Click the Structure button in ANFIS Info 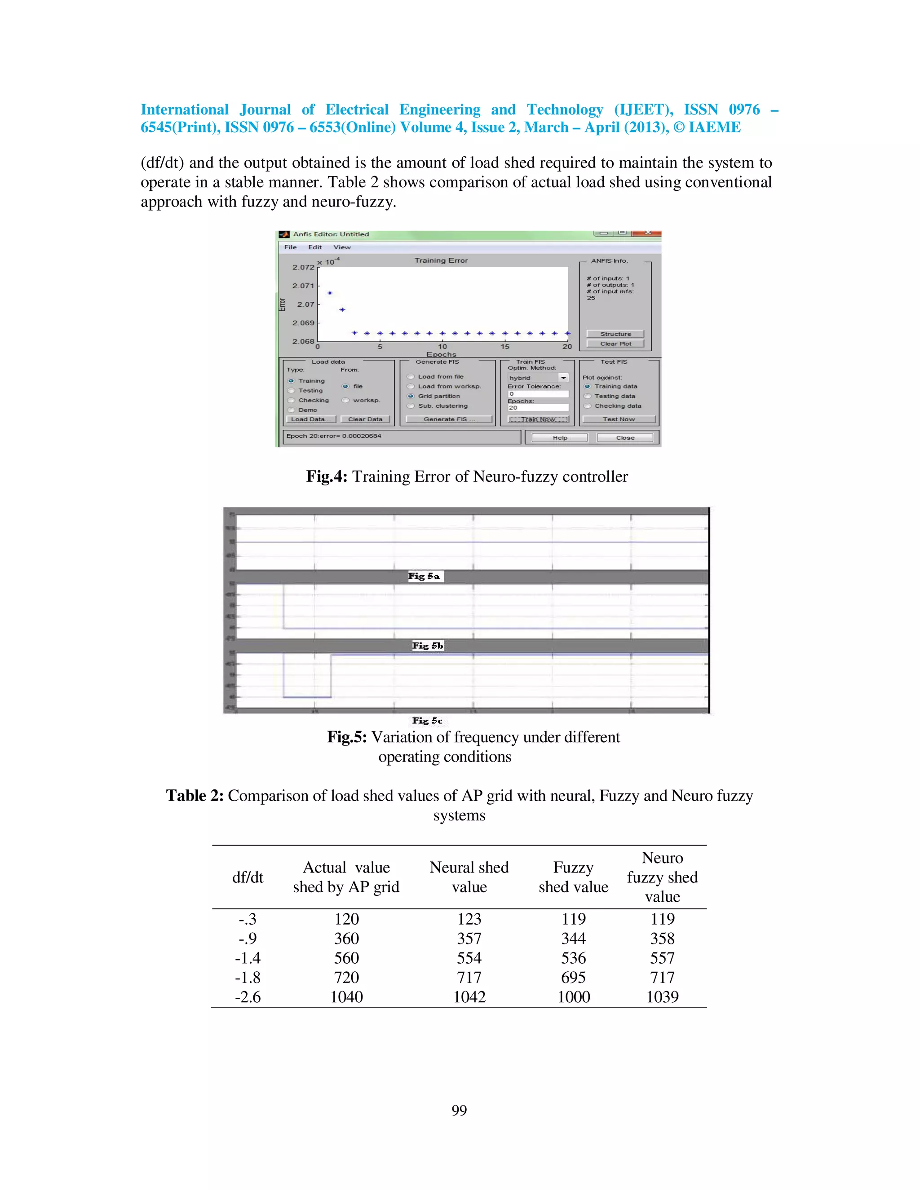pyautogui.click(x=615, y=334)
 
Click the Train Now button pyautogui.click(x=538, y=419)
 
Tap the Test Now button pyautogui.click(x=619, y=419)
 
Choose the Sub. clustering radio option pyautogui.click(x=411, y=406)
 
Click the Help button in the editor pyautogui.click(x=560, y=437)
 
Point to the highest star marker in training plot pyautogui.click(x=330, y=293)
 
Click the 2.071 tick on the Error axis pyautogui.click(x=303, y=286)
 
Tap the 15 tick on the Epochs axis pyautogui.click(x=504, y=347)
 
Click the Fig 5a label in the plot pyautogui.click(x=425, y=576)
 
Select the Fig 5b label pyautogui.click(x=428, y=646)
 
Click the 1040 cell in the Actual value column pyautogui.click(x=347, y=996)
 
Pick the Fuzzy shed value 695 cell pyautogui.click(x=573, y=977)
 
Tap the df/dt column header pyautogui.click(x=248, y=877)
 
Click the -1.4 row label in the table pyautogui.click(x=248, y=958)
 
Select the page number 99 pyautogui.click(x=459, y=1110)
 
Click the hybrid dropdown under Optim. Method pyautogui.click(x=538, y=378)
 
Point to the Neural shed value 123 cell pyautogui.click(x=469, y=919)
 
